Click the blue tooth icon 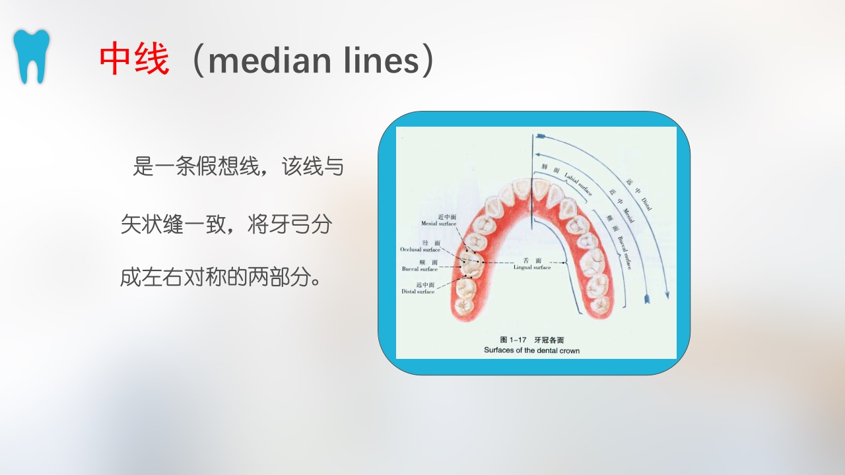pyautogui.click(x=32, y=56)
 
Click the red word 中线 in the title pyautogui.click(x=134, y=60)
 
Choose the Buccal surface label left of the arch pyautogui.click(x=420, y=266)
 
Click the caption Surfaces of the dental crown pyautogui.click(x=531, y=350)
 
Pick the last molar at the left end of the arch pyautogui.click(x=463, y=307)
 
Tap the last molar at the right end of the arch pyautogui.click(x=601, y=304)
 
